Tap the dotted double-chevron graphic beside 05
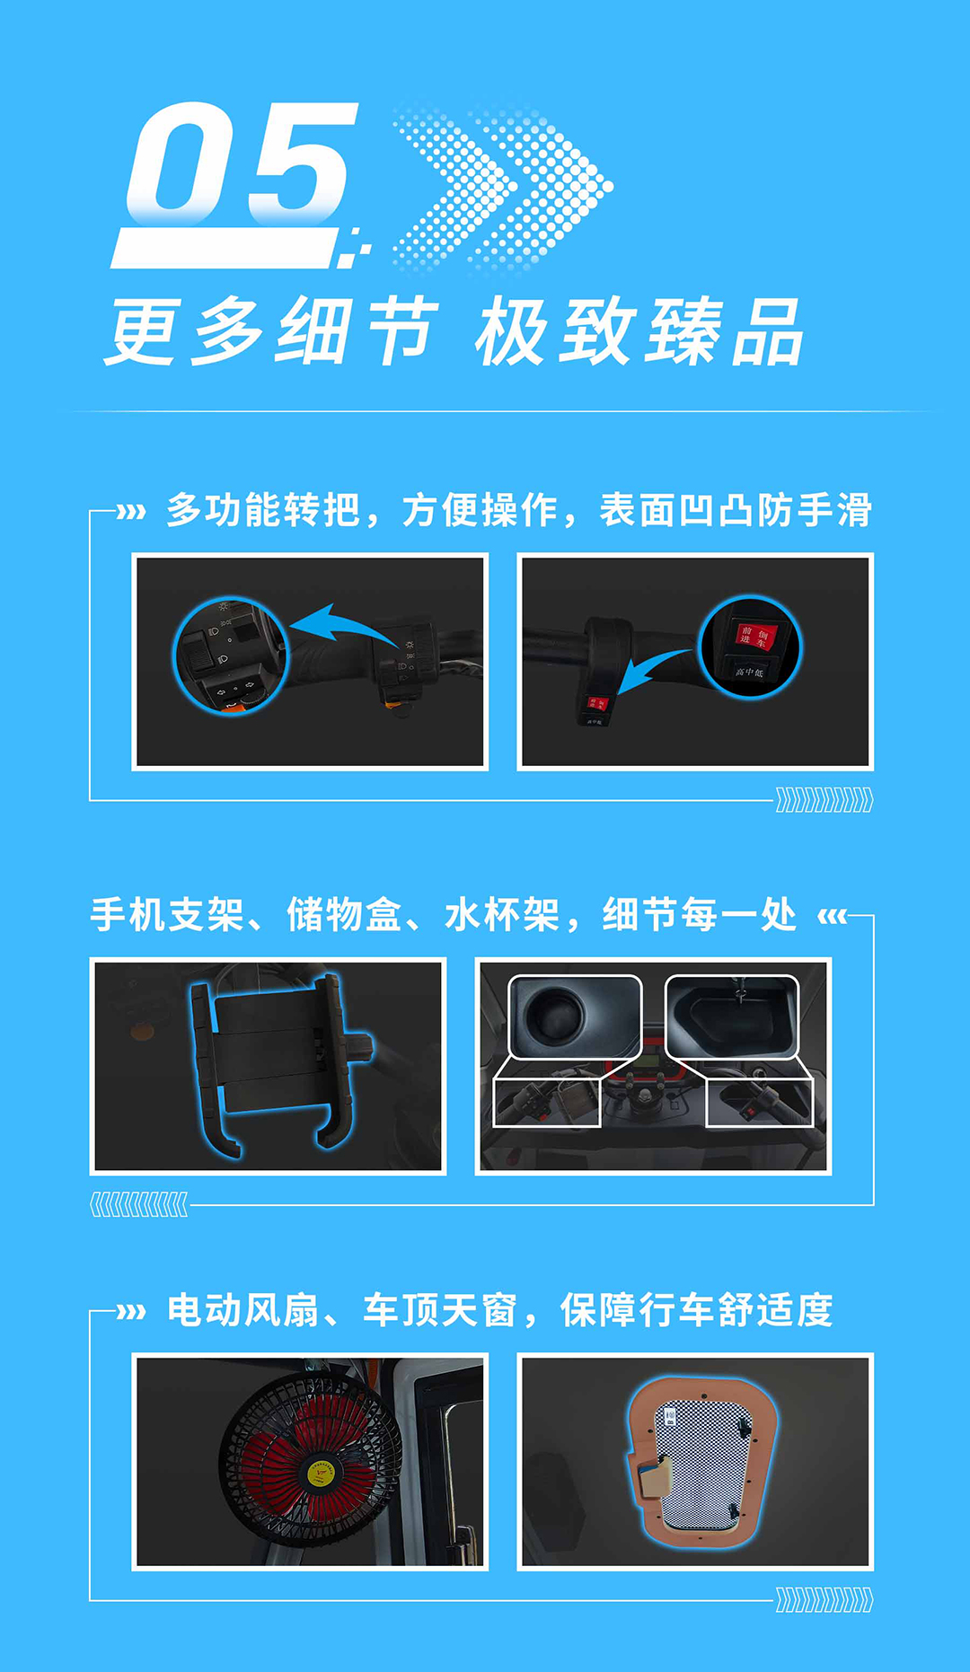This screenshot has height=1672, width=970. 503,189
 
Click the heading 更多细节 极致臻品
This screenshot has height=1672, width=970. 454,332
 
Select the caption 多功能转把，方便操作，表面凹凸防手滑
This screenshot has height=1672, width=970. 518,510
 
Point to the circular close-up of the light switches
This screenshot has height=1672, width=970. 231,656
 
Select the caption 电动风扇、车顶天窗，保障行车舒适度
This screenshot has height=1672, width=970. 499,1310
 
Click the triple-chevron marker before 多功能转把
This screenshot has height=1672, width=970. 131,513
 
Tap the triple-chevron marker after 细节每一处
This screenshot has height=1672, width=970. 832,917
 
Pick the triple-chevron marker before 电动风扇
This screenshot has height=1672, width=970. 131,1312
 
